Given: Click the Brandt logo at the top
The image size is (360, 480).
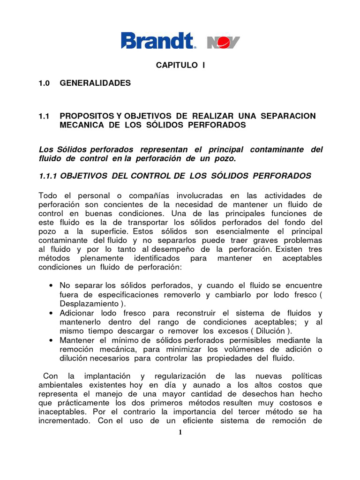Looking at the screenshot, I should click(x=158, y=41).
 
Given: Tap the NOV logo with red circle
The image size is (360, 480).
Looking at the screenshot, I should click(x=223, y=42).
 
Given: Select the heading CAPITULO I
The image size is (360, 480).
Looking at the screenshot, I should click(x=180, y=65).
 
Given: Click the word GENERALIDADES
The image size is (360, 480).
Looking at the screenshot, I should click(x=95, y=83).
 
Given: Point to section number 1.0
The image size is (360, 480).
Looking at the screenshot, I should click(x=44, y=83).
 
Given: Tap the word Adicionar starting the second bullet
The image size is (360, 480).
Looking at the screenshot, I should click(x=77, y=313).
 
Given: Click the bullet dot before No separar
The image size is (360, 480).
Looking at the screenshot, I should click(x=50, y=285).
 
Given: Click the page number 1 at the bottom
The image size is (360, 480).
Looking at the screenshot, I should click(x=180, y=432).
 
